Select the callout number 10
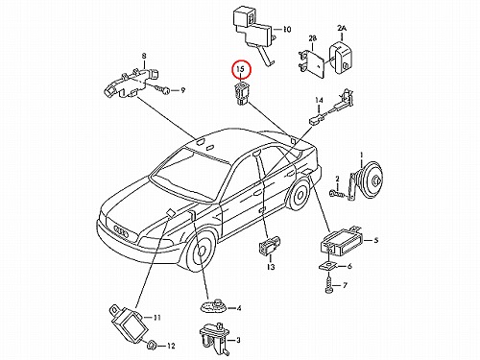pyautogui.click(x=287, y=30)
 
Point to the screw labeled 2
pyautogui.click(x=337, y=193)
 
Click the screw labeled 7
pyautogui.click(x=328, y=285)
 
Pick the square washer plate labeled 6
pyautogui.click(x=328, y=266)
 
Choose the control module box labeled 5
pyautogui.click(x=342, y=241)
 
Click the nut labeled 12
pyautogui.click(x=151, y=346)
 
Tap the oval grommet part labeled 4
pyautogui.click(x=214, y=306)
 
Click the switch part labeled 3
pyautogui.click(x=212, y=339)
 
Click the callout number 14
pyautogui.click(x=319, y=100)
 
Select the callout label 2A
pyautogui.click(x=342, y=29)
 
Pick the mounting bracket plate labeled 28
pyautogui.click(x=313, y=61)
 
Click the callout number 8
pyautogui.click(x=144, y=56)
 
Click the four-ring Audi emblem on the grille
pyautogui.click(x=122, y=231)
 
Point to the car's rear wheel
pyautogui.click(x=300, y=193)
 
